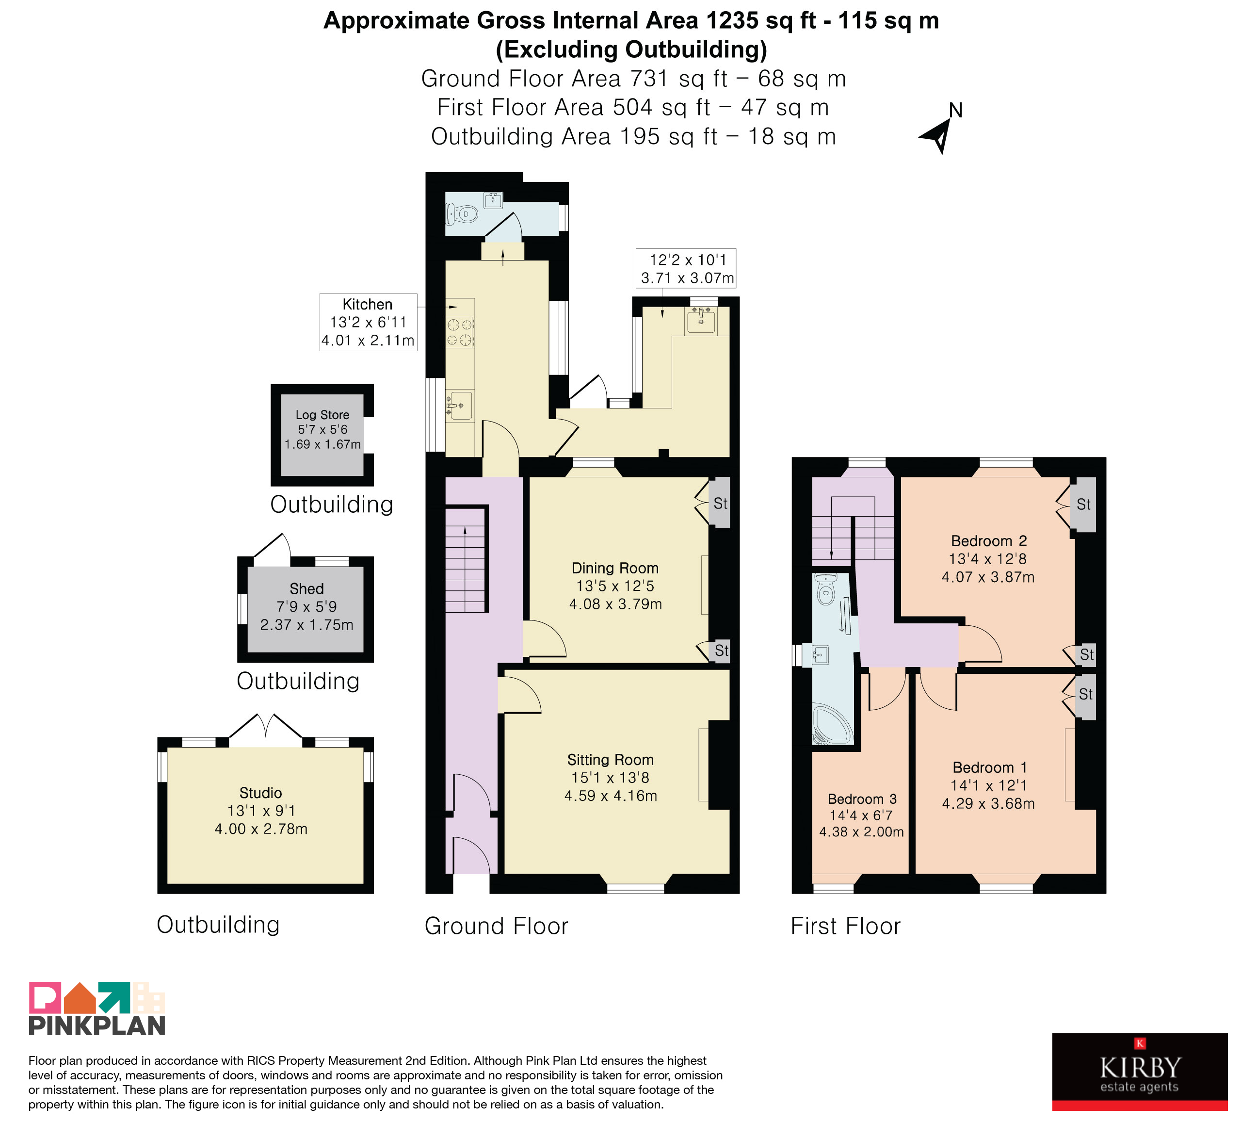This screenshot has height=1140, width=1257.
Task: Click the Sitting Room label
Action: point(611,760)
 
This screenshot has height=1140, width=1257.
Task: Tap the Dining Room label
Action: point(615,568)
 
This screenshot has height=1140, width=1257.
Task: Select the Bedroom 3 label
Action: point(862,799)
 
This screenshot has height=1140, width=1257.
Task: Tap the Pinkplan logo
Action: point(97,1009)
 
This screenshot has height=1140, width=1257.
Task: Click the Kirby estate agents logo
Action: point(1140,1072)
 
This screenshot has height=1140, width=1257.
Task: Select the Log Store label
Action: point(322,415)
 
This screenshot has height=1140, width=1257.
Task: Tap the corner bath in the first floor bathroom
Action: point(832,725)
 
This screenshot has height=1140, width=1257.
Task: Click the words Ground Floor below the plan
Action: point(496,926)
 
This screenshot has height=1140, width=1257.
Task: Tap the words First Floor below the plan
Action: point(845,926)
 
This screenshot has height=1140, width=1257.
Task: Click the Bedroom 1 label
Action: point(989,768)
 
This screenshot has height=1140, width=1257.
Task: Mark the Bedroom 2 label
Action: point(988,541)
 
